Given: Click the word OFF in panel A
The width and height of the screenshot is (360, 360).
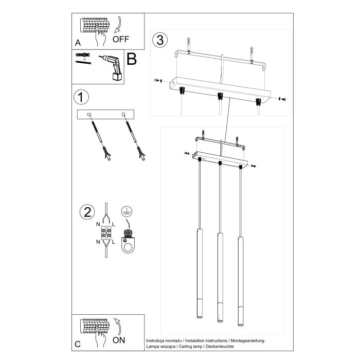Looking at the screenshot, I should [x=121, y=39].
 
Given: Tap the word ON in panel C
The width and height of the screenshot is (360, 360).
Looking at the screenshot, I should [x=119, y=340].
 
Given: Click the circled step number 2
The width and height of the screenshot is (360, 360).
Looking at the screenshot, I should [x=87, y=212].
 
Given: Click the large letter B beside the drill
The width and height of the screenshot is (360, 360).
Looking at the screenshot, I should [x=131, y=60].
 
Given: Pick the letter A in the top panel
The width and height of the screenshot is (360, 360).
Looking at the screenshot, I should [x=78, y=43].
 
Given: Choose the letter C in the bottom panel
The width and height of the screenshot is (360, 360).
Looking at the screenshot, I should [x=78, y=344].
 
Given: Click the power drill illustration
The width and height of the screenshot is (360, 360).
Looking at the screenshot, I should [x=112, y=67].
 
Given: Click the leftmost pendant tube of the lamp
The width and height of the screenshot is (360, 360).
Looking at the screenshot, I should [x=199, y=278].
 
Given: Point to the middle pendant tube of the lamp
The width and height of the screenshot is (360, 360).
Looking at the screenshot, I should [x=220, y=280].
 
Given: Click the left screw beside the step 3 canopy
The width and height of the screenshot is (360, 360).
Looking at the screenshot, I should [x=157, y=81].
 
